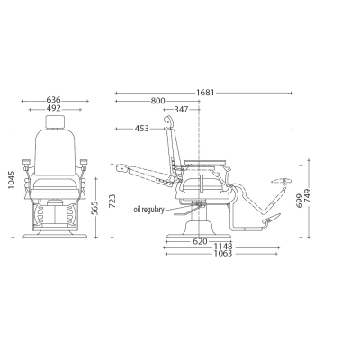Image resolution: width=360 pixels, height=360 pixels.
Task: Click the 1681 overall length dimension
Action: [205, 93]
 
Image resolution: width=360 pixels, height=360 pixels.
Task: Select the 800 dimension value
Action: [157, 101]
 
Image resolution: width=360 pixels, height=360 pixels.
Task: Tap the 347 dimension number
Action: [181, 110]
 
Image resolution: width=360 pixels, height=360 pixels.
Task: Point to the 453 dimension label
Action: [141, 129]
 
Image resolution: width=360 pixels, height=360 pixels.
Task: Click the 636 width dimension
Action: [53, 100]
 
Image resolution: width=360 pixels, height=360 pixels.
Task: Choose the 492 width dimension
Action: [53, 108]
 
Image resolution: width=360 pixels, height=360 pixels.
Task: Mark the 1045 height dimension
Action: [12, 180]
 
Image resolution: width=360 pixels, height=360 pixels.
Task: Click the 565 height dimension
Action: [94, 208]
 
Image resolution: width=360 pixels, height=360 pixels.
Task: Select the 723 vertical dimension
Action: [112, 202]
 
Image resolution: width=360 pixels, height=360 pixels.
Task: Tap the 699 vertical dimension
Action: [299, 201]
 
